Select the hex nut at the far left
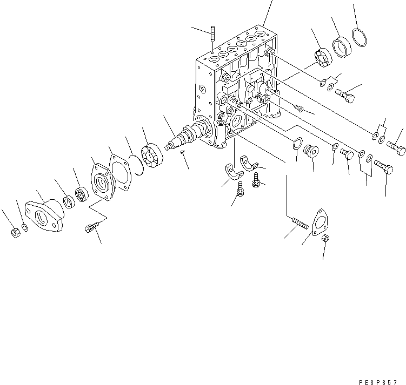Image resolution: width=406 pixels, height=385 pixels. coord(15,233)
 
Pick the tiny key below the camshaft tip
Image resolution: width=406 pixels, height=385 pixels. coord(182,152)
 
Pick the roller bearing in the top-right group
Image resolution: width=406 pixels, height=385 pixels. coord(321,58)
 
